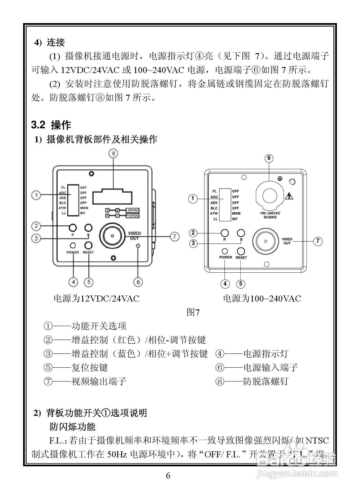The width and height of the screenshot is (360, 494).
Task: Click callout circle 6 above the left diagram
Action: (x=113, y=154)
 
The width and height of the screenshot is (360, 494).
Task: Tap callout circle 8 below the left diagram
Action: (x=138, y=282)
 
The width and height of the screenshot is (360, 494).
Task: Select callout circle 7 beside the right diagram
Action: (x=318, y=241)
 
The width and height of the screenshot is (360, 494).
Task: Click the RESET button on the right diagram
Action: (x=241, y=251)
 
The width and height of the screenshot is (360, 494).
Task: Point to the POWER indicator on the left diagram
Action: (x=73, y=246)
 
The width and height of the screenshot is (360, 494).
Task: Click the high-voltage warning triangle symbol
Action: (x=289, y=197)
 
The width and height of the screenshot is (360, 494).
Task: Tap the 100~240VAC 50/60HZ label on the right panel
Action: (x=270, y=215)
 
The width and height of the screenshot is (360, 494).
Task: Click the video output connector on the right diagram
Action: (x=265, y=241)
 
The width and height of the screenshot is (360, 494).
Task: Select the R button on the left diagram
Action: (x=73, y=228)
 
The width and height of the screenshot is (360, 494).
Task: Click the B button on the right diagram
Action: (x=241, y=233)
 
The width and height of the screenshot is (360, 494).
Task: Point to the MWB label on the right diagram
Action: (x=236, y=214)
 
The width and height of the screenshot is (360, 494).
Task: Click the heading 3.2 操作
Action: (x=51, y=125)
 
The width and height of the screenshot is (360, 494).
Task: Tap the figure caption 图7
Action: (x=193, y=312)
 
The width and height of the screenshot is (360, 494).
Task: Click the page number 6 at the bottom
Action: (x=168, y=476)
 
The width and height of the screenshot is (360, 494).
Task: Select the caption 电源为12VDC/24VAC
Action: (x=96, y=298)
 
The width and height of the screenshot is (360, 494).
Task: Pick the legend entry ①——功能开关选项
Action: (x=85, y=326)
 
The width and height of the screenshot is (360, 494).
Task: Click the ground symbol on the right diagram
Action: (x=280, y=178)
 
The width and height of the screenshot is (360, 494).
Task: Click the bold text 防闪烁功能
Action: (x=72, y=426)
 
